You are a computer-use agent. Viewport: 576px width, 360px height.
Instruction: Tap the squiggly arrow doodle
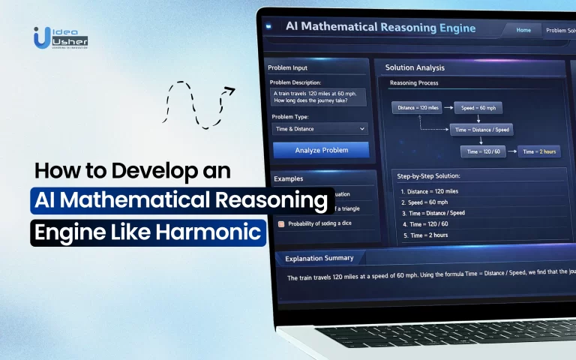click(x=197, y=103)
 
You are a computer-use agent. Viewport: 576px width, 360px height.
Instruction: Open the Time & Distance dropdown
click(x=320, y=129)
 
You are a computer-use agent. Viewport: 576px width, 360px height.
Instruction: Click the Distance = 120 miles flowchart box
click(x=416, y=108)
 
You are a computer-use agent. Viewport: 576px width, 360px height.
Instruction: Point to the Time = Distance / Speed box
click(x=480, y=130)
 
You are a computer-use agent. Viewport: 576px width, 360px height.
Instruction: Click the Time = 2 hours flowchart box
click(x=539, y=151)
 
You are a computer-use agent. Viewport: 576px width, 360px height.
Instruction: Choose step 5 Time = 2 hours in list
click(x=427, y=236)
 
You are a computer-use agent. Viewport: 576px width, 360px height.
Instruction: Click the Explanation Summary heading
click(x=319, y=258)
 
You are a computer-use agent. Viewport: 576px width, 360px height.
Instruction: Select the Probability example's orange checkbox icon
click(x=281, y=223)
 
